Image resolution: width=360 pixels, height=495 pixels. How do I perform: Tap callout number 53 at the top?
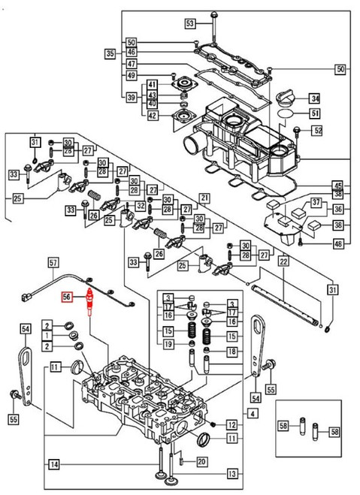point(190,24)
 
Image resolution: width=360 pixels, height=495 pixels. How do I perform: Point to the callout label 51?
point(315,113)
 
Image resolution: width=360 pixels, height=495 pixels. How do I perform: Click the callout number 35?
point(110,54)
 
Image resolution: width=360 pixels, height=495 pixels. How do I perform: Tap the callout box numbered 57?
point(53,263)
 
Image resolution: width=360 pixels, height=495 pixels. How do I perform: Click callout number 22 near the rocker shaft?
point(283,261)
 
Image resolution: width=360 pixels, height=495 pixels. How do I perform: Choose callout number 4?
point(253,414)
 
